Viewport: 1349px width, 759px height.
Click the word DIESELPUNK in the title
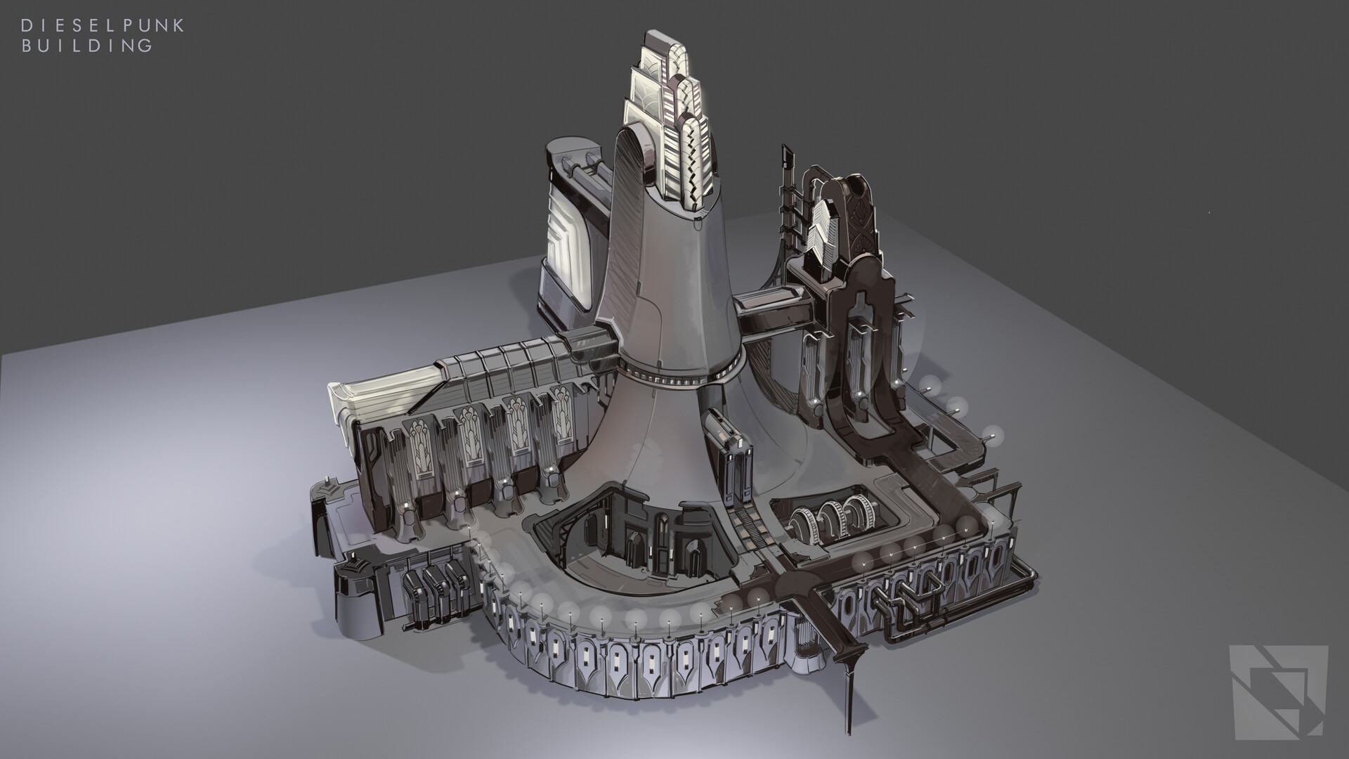[103, 26]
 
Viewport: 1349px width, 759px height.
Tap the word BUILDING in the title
[87, 46]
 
